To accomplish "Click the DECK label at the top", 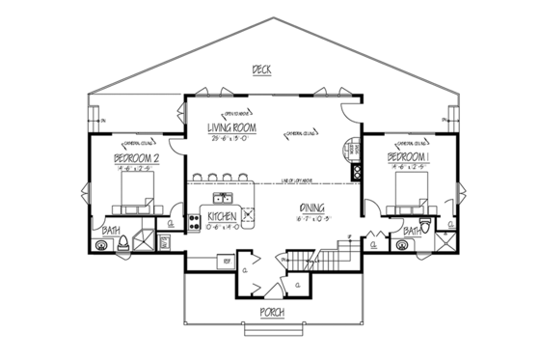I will [257, 69].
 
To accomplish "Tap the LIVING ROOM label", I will [231, 126].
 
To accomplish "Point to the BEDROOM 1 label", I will [407, 155].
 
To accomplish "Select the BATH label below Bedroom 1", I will [412, 232].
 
